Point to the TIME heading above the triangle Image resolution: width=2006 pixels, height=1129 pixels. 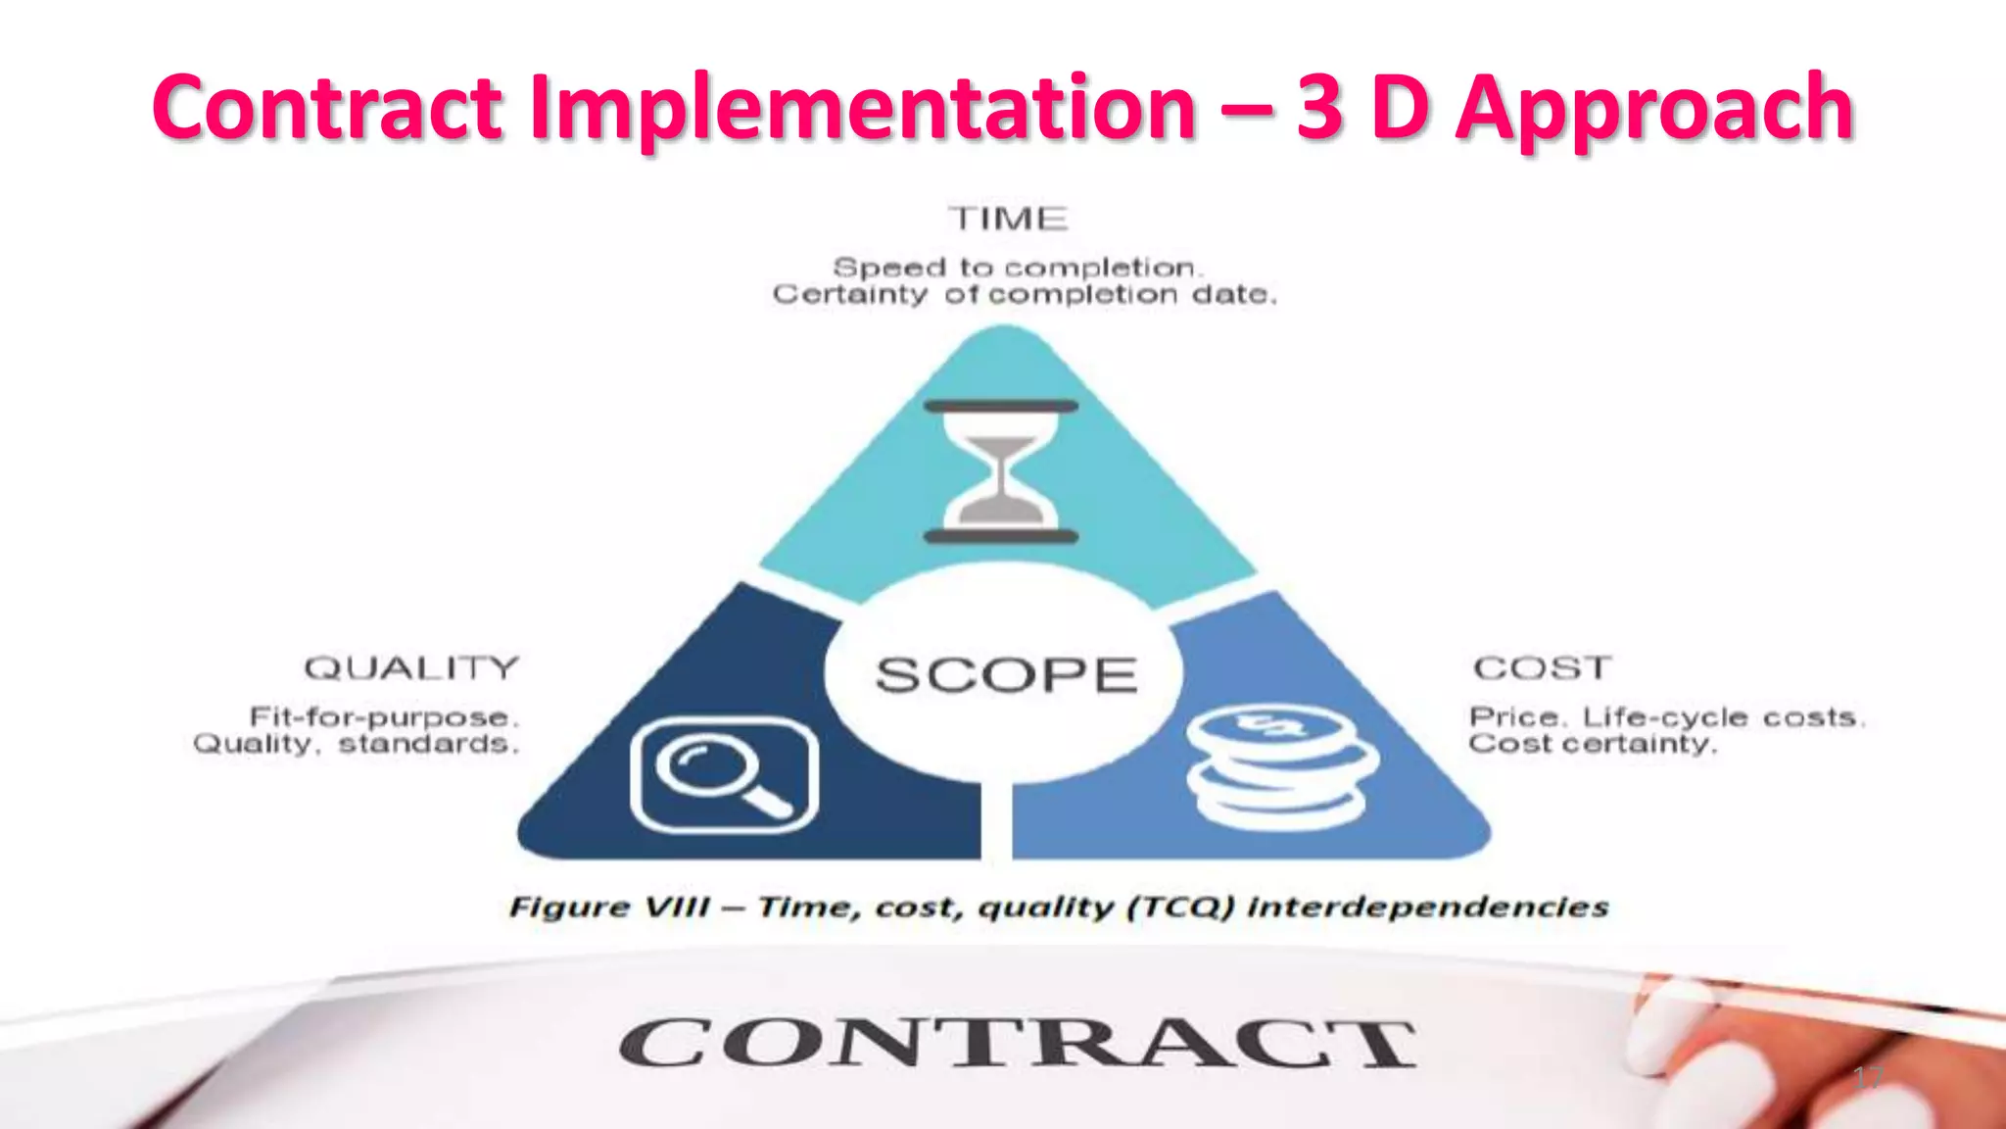click(x=1007, y=219)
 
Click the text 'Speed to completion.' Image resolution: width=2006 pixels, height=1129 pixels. click(x=1017, y=268)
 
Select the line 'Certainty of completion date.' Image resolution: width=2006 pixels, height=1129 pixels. click(x=1025, y=294)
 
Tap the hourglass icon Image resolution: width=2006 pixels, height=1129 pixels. click(x=1001, y=471)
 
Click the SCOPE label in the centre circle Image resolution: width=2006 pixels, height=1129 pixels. click(x=1006, y=675)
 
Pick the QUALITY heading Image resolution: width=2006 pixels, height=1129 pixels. click(x=411, y=668)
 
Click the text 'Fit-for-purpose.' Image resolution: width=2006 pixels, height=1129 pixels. click(x=383, y=717)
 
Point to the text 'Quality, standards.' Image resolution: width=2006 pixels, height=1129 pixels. click(x=356, y=744)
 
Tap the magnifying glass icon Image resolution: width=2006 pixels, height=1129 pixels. click(x=725, y=774)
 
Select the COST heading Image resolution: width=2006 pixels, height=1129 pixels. click(x=1542, y=668)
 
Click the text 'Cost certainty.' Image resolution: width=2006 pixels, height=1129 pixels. click(x=1593, y=744)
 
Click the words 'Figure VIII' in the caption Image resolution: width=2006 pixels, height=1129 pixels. click(x=608, y=907)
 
